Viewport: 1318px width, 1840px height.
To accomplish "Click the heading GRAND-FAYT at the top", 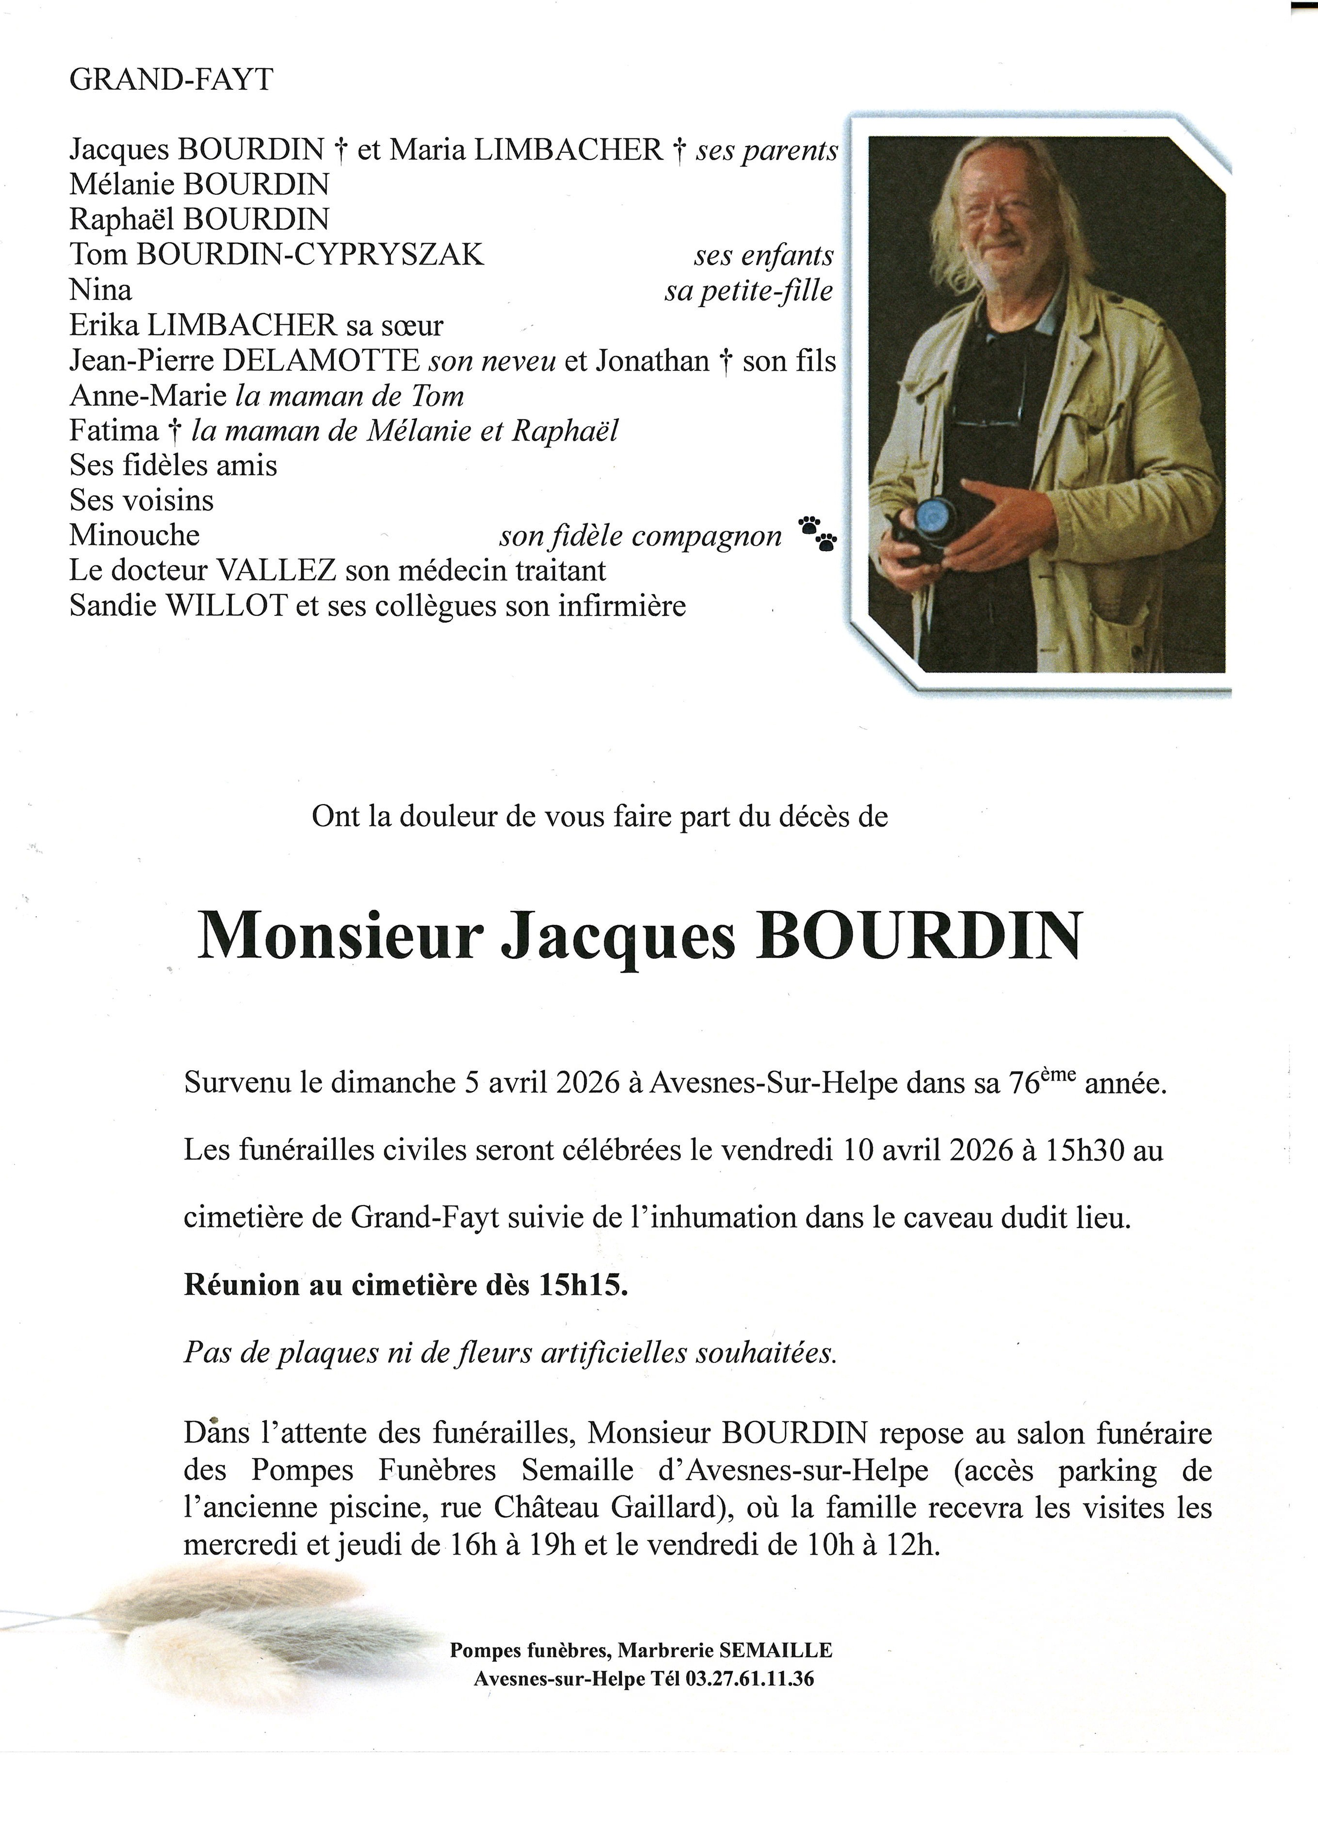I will tap(171, 80).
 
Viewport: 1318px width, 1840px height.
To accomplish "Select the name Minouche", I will tap(134, 535).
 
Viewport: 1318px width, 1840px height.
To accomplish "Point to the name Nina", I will tap(100, 290).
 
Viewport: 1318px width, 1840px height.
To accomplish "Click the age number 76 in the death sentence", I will tap(1025, 1084).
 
